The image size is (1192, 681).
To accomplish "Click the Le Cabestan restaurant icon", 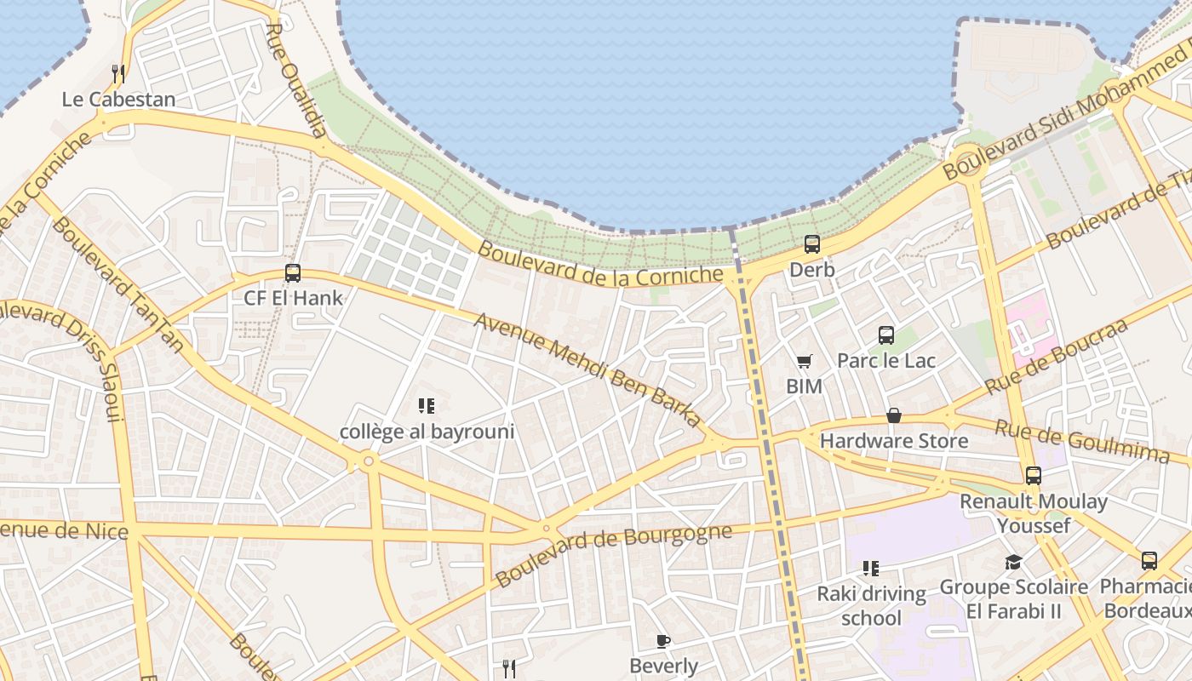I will pyautogui.click(x=118, y=74).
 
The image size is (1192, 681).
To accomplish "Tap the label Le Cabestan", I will pyautogui.click(x=118, y=100).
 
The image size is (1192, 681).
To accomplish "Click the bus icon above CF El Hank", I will pyautogui.click(x=293, y=273).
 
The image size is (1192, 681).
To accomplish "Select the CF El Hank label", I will pyautogui.click(x=293, y=298).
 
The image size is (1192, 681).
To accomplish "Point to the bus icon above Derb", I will pyautogui.click(x=812, y=244).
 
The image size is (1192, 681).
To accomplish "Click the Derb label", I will pyautogui.click(x=812, y=270).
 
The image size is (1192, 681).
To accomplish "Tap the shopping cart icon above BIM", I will pyautogui.click(x=804, y=361).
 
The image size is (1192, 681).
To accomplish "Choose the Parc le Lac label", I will pyautogui.click(x=886, y=360).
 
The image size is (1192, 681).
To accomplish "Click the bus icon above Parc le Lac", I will pyautogui.click(x=886, y=335).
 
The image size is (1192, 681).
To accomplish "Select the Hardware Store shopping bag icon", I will pyautogui.click(x=894, y=415).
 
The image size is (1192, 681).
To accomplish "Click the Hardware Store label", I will pyautogui.click(x=894, y=441).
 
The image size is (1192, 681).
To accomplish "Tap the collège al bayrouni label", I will pyautogui.click(x=427, y=432).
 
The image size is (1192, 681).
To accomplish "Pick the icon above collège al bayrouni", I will pyautogui.click(x=427, y=406).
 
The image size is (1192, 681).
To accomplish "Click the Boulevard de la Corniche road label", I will pyautogui.click(x=600, y=264).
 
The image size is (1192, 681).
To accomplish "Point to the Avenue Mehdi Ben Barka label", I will pyautogui.click(x=587, y=369).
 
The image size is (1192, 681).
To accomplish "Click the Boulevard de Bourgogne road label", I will pyautogui.click(x=613, y=554).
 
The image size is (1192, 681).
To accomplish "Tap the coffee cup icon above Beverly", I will pyautogui.click(x=663, y=641).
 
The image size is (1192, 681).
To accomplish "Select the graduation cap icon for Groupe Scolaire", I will pyautogui.click(x=1013, y=562).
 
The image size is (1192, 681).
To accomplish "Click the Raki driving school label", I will pyautogui.click(x=871, y=605).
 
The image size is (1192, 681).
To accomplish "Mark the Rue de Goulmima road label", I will pyautogui.click(x=1081, y=442).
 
